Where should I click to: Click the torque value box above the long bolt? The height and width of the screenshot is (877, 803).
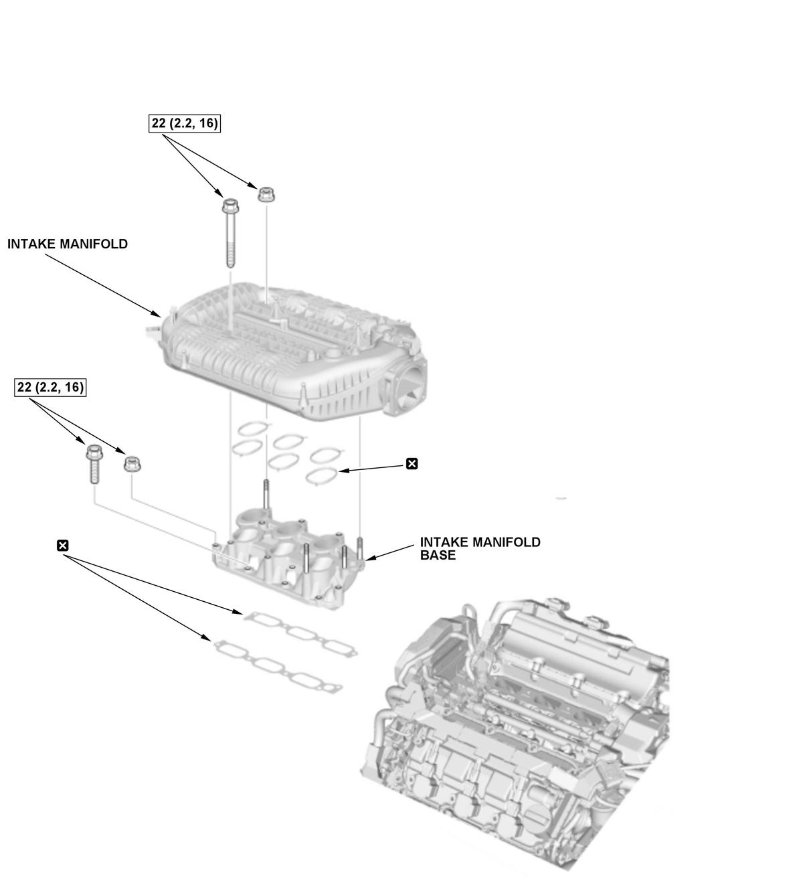[184, 123]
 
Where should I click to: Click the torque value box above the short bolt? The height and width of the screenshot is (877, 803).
[50, 388]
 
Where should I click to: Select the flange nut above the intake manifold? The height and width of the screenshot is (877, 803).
[266, 194]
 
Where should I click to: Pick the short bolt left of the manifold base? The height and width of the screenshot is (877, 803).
[94, 464]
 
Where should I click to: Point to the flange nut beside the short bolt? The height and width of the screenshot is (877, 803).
[132, 465]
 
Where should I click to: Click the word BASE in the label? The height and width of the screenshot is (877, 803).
[438, 555]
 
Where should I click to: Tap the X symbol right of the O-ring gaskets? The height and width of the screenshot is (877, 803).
[412, 464]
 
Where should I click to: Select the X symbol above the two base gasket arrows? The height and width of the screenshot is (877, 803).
[63, 546]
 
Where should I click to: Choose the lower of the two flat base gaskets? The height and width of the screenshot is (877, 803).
[277, 666]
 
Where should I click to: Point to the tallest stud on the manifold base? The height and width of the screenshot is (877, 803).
[266, 495]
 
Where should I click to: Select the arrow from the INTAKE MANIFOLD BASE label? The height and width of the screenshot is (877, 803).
[390, 552]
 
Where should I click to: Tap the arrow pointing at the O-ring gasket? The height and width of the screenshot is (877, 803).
[372, 468]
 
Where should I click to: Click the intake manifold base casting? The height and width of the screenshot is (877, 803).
[288, 558]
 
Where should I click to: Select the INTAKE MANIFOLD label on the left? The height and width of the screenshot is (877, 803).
[68, 244]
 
